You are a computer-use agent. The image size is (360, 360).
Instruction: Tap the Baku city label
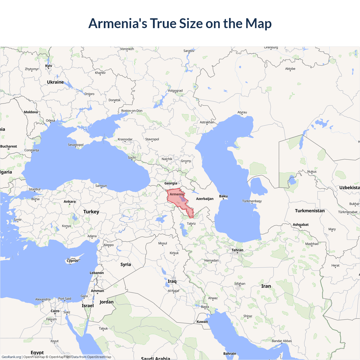[223, 196]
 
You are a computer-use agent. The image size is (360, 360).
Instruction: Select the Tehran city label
[237, 250]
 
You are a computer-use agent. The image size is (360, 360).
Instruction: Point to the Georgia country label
[171, 183]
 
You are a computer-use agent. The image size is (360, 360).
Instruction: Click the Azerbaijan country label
[205, 199]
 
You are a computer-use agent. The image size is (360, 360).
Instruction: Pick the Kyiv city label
[49, 66]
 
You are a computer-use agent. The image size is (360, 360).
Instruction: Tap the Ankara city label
[69, 202]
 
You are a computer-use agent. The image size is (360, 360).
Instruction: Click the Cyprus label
[72, 261]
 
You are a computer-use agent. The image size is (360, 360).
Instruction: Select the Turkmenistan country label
[310, 211]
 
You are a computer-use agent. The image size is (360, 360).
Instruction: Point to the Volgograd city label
[175, 91]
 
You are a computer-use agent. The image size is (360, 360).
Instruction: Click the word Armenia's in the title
[118, 23]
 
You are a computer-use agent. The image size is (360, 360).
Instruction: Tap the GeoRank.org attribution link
[11, 357]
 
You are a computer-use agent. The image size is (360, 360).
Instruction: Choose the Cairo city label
[55, 311]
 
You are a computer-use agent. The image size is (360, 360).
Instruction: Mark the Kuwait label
[202, 322]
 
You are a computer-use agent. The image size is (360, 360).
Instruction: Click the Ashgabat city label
[301, 225]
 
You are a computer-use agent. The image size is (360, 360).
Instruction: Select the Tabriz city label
[191, 224]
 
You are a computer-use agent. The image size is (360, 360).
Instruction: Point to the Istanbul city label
[35, 189]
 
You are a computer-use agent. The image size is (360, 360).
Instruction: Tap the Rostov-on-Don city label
[132, 111]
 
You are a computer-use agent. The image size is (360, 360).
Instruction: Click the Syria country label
[126, 265]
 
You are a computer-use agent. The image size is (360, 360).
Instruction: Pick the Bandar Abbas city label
[282, 341]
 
